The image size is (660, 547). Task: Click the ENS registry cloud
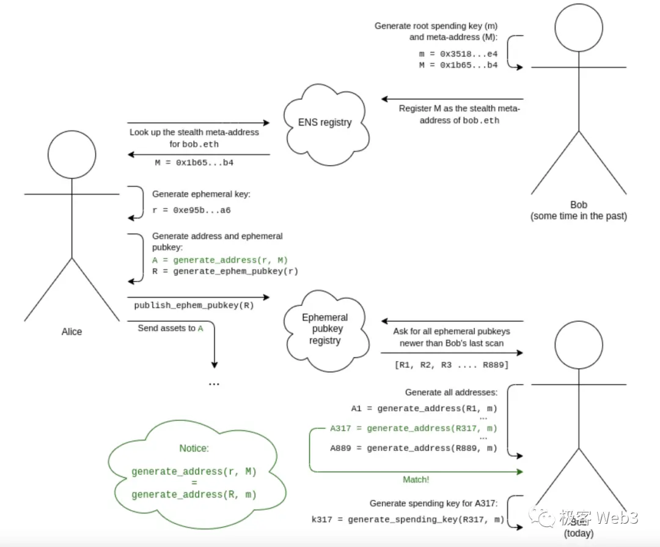[x=324, y=122]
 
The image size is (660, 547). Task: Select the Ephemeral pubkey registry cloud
[x=324, y=329]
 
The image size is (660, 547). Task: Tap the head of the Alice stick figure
[x=71, y=155]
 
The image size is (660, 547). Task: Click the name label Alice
[x=71, y=331]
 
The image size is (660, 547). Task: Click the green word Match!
[x=416, y=480]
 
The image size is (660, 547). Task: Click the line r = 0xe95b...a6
[x=191, y=210]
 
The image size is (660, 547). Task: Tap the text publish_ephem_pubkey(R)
[x=194, y=304]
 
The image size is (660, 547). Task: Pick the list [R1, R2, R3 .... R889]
[x=451, y=365]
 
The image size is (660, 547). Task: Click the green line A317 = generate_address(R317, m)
[x=414, y=428]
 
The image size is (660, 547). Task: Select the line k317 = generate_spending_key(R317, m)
[x=408, y=519]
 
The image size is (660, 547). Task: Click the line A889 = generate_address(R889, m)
[x=414, y=448]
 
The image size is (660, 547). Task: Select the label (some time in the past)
[x=578, y=215]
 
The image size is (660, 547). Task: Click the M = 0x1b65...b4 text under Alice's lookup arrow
[x=194, y=163]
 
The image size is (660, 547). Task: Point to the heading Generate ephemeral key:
[x=201, y=194]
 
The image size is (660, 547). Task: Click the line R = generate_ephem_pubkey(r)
[x=225, y=271]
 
